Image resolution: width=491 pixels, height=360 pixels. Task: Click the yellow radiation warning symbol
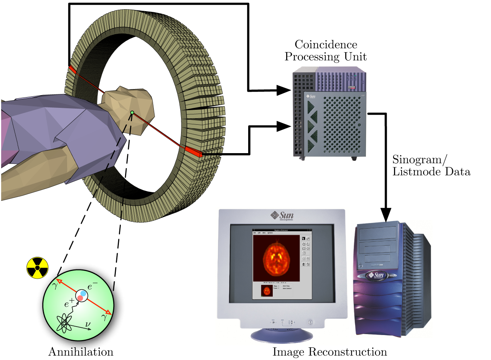tap(37, 267)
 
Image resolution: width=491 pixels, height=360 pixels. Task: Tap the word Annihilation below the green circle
tap(81, 352)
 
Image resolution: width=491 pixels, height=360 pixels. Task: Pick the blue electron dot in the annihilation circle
tap(83, 294)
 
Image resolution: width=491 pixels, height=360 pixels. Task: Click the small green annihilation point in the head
tap(132, 112)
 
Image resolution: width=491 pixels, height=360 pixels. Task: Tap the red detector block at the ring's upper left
tap(72, 70)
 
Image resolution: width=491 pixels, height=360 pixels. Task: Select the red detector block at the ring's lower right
tap(194, 152)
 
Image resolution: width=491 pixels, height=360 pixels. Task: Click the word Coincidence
tap(330, 45)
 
